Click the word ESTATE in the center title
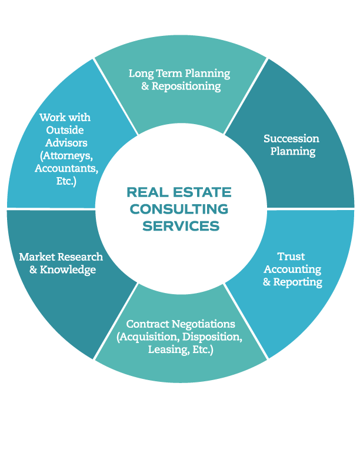pyautogui.click(x=202, y=192)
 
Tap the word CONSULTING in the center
pyautogui.click(x=179, y=209)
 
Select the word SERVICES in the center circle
pyautogui.click(x=181, y=226)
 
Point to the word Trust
pyautogui.click(x=291, y=257)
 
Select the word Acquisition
pyautogui.click(x=149, y=337)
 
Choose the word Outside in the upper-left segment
pyautogui.click(x=65, y=130)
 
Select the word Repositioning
pyautogui.click(x=186, y=86)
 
